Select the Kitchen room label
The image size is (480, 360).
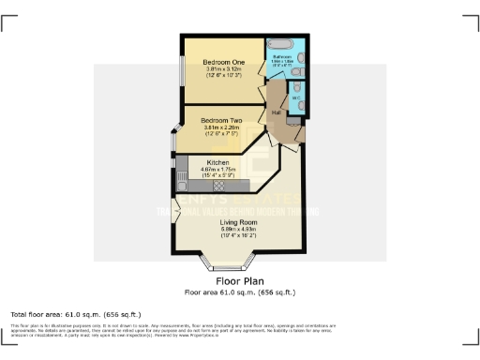pos(217,163)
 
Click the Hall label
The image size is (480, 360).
pos(277,112)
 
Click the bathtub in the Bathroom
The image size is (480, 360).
pos(280,44)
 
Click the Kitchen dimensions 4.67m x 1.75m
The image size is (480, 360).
pos(217,170)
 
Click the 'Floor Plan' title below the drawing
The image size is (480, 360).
pos(239,280)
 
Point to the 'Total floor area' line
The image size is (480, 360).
pos(75,313)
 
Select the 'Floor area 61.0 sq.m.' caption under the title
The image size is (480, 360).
pos(239,292)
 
